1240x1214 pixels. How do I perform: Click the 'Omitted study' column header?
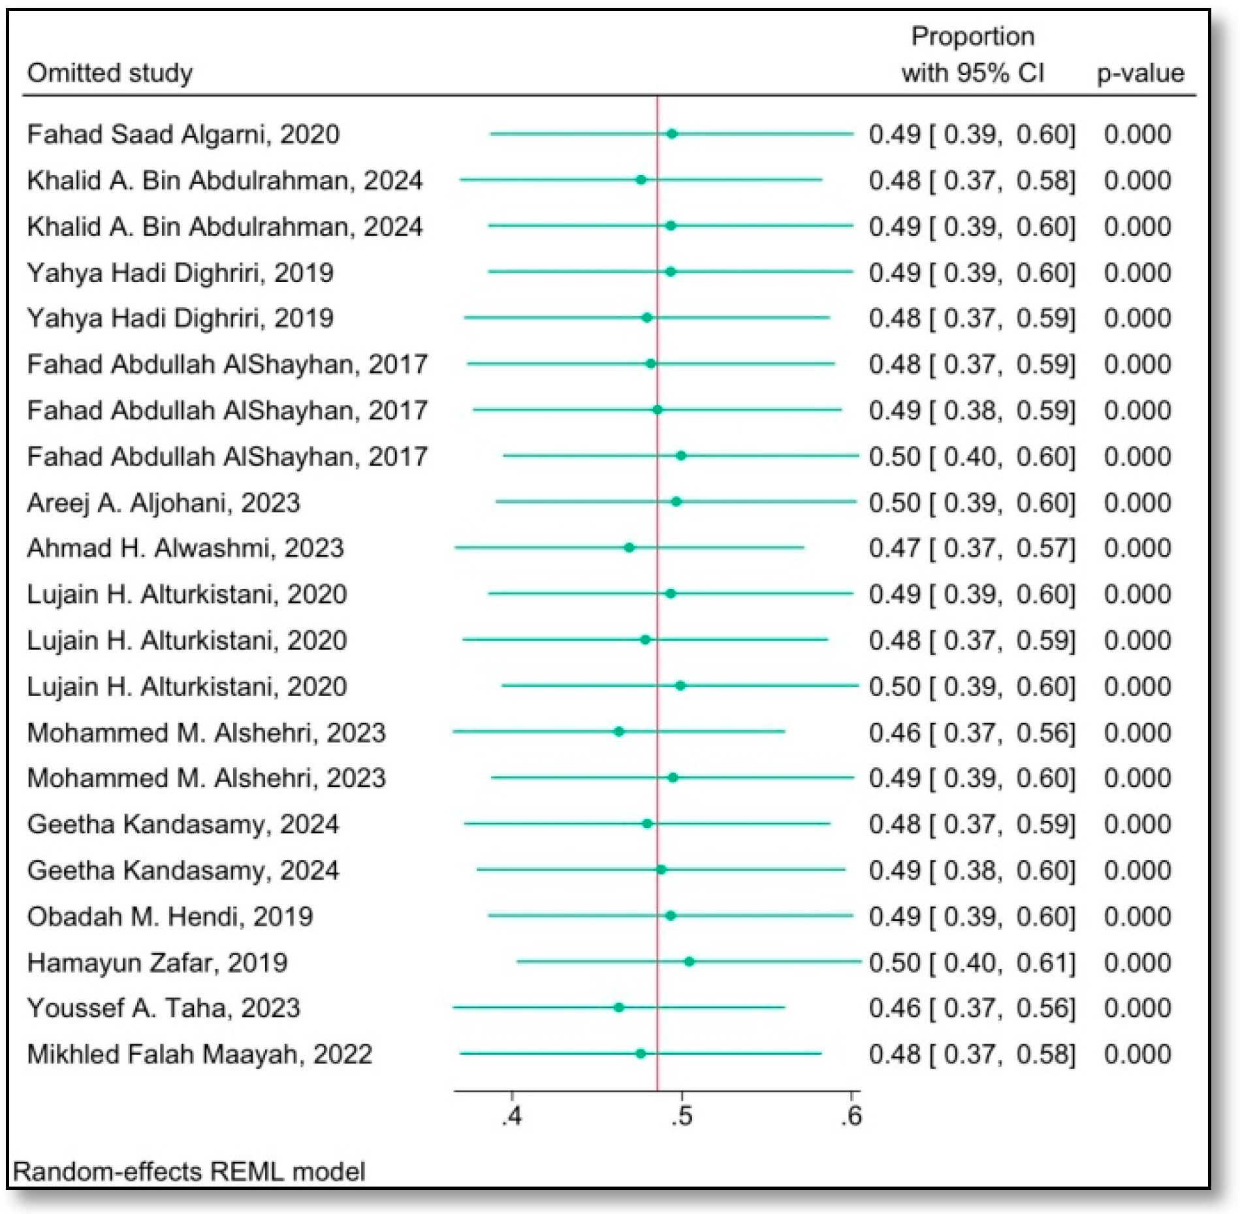click(x=110, y=72)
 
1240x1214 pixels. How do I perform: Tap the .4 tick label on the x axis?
click(x=512, y=1116)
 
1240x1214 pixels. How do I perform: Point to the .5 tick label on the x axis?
click(x=682, y=1116)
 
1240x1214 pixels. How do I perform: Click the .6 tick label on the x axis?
click(x=851, y=1116)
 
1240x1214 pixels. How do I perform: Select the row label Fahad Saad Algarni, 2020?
click(x=183, y=135)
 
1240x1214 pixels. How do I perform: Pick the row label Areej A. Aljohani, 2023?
click(x=163, y=503)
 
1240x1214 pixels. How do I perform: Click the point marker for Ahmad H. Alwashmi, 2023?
click(x=629, y=547)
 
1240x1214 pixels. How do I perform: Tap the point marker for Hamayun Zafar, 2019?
click(x=689, y=961)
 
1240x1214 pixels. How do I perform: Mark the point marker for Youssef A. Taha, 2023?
click(x=619, y=1007)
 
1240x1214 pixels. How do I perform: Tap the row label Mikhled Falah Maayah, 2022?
click(x=200, y=1054)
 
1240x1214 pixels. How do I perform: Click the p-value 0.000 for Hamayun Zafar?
click(x=1137, y=963)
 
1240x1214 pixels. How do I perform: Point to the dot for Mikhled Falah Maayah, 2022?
click(x=641, y=1053)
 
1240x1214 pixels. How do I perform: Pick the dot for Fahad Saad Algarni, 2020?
click(x=672, y=134)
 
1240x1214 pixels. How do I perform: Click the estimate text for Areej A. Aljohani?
click(x=972, y=503)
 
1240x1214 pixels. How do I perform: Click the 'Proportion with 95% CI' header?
click(x=973, y=54)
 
